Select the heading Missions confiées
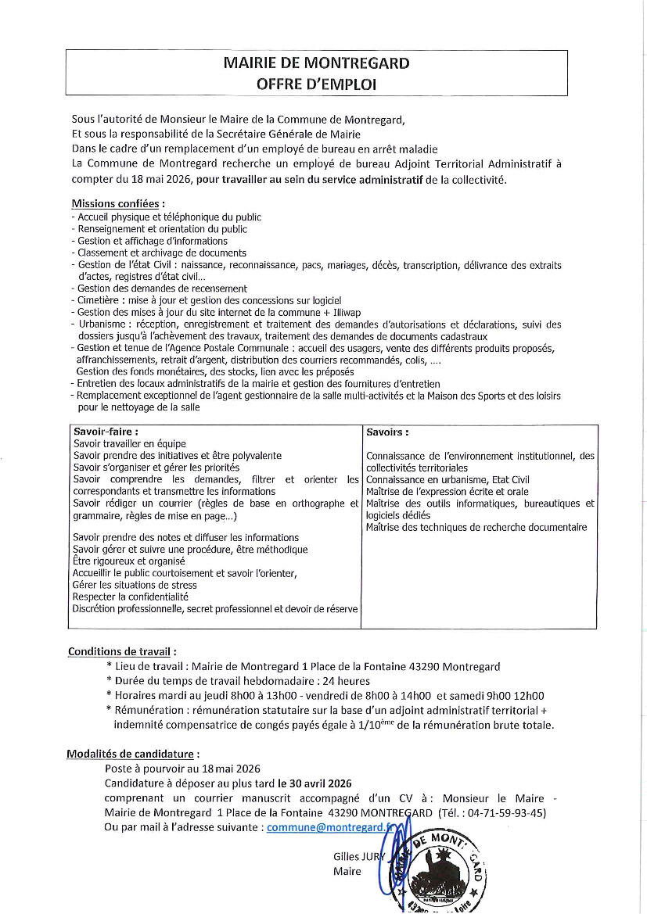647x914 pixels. pyautogui.click(x=113, y=204)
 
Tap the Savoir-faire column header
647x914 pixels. pyautogui.click(x=106, y=431)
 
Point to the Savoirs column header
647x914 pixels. pyautogui.click(x=387, y=432)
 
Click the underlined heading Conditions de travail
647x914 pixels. pyautogui.click(x=122, y=651)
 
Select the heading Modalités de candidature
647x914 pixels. pyautogui.click(x=133, y=754)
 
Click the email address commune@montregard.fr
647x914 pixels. pyautogui.click(x=339, y=827)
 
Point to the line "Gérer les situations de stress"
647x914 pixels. pyautogui.click(x=135, y=585)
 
